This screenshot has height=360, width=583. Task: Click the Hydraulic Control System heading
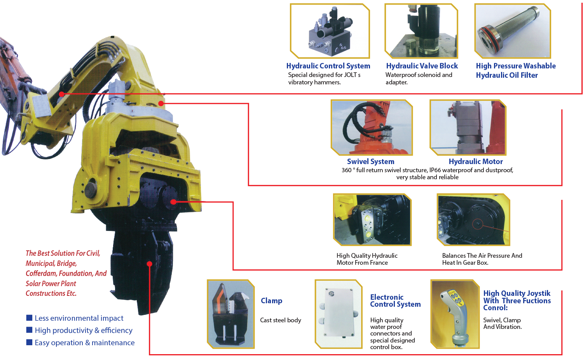tap(328, 66)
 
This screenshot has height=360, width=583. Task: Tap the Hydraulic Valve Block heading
tap(422, 66)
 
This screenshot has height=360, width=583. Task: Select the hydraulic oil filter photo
tap(513, 31)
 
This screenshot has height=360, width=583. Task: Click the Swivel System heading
tap(370, 162)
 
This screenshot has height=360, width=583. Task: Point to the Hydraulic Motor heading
tap(475, 162)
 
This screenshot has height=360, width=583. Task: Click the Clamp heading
tap(271, 301)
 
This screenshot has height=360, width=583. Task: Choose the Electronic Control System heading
tap(395, 301)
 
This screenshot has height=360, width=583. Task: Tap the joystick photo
tap(455, 314)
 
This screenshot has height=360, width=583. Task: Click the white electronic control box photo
tap(338, 314)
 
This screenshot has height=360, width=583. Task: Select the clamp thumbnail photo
tap(230, 314)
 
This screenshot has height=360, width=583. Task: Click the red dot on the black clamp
tap(149, 264)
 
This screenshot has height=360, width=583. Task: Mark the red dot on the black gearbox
tap(173, 202)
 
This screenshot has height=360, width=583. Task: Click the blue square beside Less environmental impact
tap(29, 318)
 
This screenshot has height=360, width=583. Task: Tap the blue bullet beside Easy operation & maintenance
tap(29, 343)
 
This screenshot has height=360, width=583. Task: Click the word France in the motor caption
tap(379, 263)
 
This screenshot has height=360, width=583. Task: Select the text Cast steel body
tap(280, 320)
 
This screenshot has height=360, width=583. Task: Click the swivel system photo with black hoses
tap(371, 128)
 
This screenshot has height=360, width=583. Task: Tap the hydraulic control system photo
tap(330, 31)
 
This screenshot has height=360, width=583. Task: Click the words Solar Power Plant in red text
tap(51, 283)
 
